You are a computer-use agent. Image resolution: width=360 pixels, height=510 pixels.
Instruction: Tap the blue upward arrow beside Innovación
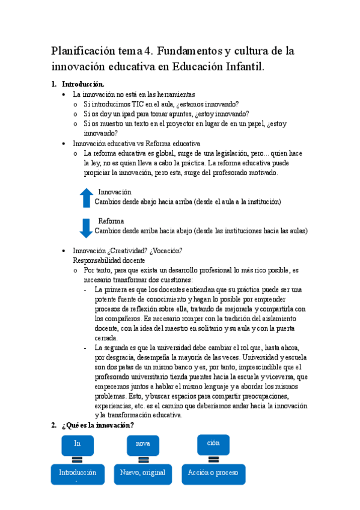tap(87, 197)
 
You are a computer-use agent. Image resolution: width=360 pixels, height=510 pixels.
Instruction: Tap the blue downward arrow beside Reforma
tap(87, 227)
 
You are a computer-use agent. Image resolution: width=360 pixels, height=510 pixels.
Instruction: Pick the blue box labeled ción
tap(213, 443)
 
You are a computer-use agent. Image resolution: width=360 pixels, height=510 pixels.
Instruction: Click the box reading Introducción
tap(77, 474)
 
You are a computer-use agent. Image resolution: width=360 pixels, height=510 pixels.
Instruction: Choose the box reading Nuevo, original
tap(142, 473)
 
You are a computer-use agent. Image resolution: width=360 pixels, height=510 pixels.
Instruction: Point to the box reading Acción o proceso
tap(213, 473)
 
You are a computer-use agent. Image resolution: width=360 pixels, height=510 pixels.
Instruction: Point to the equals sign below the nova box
tap(143, 459)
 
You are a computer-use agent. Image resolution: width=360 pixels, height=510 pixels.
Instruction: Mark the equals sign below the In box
tap(77, 459)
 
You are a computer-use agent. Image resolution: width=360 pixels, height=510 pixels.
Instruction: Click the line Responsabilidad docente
tap(108, 260)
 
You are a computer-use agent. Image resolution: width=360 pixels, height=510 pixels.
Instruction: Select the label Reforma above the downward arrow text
tap(111, 221)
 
